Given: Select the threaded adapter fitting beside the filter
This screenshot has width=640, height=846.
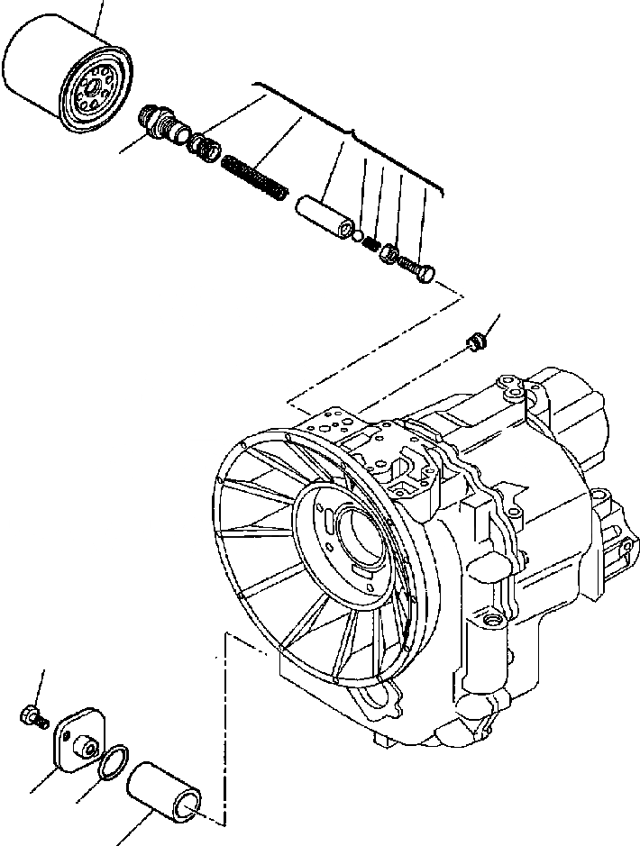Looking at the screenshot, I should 160,122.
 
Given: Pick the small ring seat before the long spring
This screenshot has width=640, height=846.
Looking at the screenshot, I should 203,144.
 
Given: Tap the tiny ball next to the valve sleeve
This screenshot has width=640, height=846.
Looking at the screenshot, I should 359,237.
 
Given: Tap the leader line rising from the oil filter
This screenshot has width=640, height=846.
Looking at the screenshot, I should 100,13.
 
